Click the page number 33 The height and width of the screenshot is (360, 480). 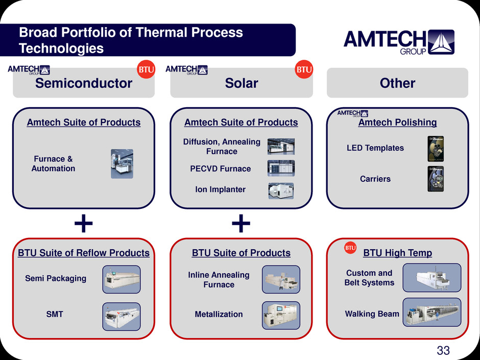pyautogui.click(x=443, y=350)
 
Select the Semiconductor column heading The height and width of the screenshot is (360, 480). pyautogui.click(x=84, y=83)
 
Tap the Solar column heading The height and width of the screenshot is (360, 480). pyautogui.click(x=242, y=83)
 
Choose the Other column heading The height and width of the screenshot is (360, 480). pyautogui.click(x=398, y=83)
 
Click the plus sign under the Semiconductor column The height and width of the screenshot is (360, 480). pyautogui.click(x=84, y=223)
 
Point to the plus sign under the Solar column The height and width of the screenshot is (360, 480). pyautogui.click(x=241, y=223)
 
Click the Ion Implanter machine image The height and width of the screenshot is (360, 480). pyautogui.click(x=281, y=190)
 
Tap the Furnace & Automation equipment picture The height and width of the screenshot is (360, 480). pyautogui.click(x=122, y=164)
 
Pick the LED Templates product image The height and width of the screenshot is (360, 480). pyautogui.click(x=436, y=148)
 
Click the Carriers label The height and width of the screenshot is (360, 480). pyautogui.click(x=375, y=179)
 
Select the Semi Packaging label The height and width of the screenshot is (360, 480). pyautogui.click(x=56, y=278)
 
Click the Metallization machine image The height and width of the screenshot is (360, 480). pyautogui.click(x=281, y=315)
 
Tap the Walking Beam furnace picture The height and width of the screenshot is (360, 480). pyautogui.click(x=431, y=313)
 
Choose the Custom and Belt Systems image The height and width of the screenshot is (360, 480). pyautogui.click(x=431, y=278)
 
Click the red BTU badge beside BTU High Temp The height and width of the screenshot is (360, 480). pyautogui.click(x=350, y=248)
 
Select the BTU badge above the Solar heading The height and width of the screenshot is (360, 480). pyautogui.click(x=304, y=69)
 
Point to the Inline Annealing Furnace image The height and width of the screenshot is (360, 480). pyautogui.click(x=281, y=279)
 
